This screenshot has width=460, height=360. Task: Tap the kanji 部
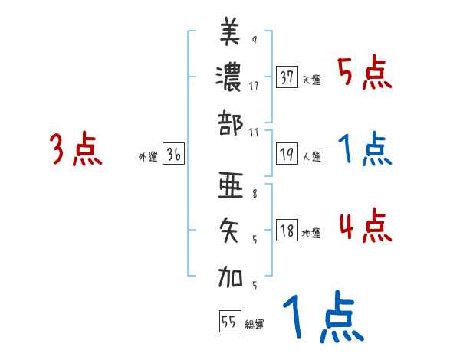click(231, 122)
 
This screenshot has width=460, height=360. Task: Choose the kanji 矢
click(231, 230)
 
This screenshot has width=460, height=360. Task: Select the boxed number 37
click(287, 77)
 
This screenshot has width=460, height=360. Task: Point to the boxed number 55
click(229, 322)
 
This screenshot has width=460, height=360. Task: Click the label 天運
click(311, 80)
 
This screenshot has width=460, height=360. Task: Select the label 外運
click(148, 157)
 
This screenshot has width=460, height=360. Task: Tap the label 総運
click(255, 324)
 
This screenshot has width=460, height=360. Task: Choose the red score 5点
click(364, 74)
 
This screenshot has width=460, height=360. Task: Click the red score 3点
click(76, 149)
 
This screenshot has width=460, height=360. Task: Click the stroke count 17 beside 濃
click(254, 86)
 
